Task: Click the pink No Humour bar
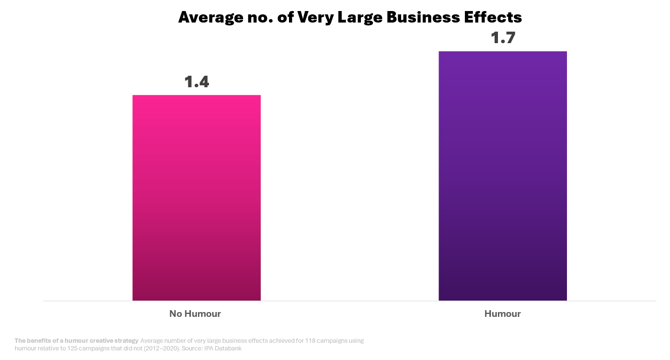(196, 197)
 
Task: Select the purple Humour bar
(503, 176)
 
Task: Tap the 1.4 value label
(197, 82)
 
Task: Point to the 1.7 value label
(503, 38)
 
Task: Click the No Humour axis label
(195, 314)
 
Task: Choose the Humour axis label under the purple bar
(502, 314)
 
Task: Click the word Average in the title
(211, 17)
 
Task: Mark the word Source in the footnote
(192, 348)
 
